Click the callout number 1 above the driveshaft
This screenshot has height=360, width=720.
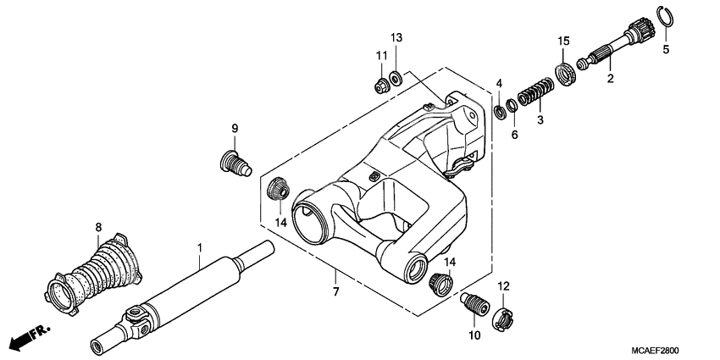coord(200,247)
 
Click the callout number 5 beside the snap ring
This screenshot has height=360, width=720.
coord(665,50)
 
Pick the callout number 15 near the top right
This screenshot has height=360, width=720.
coord(562,41)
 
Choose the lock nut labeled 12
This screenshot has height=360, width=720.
coord(502,318)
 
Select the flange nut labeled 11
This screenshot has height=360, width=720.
coord(382,85)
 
